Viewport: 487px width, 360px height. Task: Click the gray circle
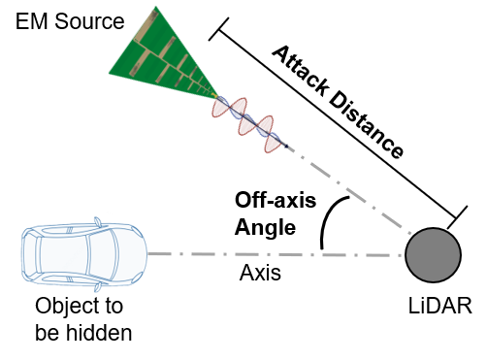point(433,255)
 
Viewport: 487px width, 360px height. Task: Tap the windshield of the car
point(102,253)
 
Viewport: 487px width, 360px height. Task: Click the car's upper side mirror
point(97,221)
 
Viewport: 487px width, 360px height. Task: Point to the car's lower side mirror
point(97,287)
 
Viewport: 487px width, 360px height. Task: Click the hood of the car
point(130,253)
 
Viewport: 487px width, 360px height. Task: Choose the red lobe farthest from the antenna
point(273,143)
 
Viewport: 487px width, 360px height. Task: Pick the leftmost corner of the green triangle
point(109,72)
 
